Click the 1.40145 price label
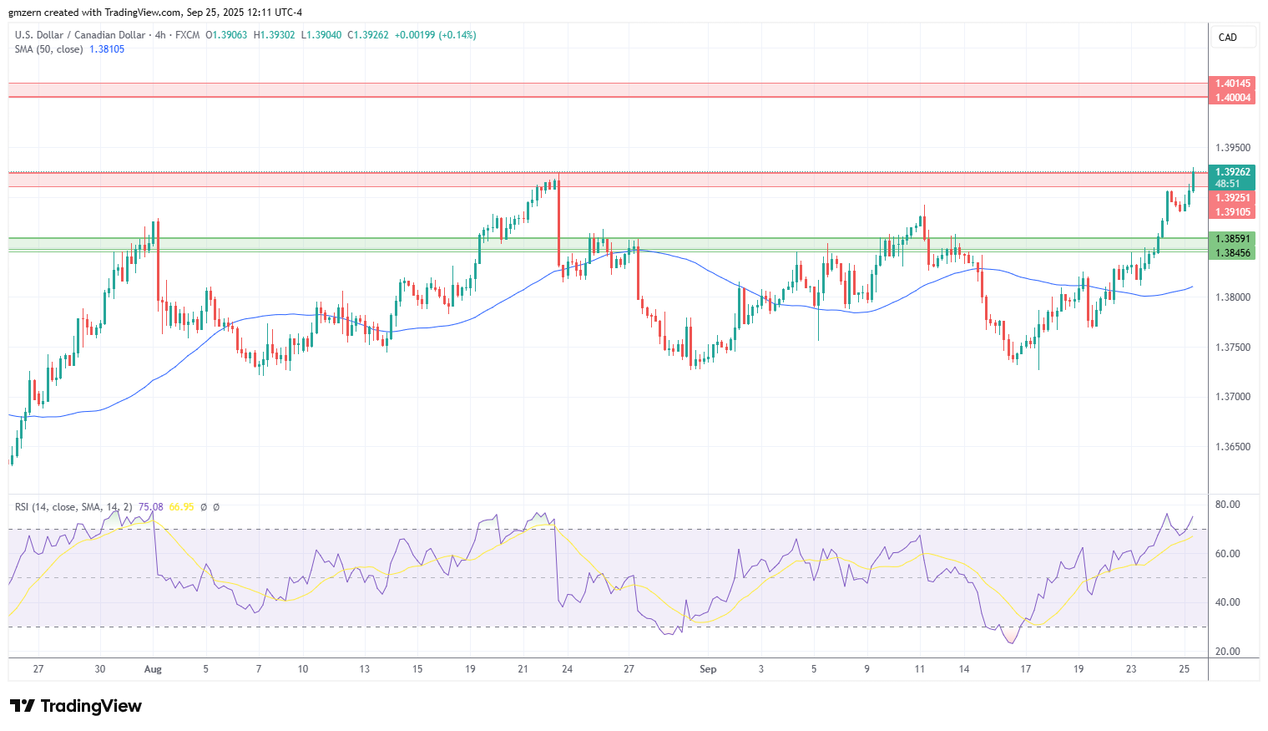(1232, 84)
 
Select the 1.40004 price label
(1232, 98)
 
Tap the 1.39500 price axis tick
(1233, 148)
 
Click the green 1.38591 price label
(1232, 239)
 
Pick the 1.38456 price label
(1232, 253)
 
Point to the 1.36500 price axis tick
(1233, 447)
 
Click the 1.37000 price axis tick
(1233, 397)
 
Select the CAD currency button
(1228, 38)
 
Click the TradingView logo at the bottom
(76, 706)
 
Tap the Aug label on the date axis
(153, 669)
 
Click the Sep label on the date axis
(708, 669)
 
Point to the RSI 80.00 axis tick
(1228, 505)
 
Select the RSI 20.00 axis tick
(1228, 652)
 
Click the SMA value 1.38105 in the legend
(107, 49)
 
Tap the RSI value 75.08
(151, 507)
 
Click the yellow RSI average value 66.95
(181, 507)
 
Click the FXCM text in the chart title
(188, 35)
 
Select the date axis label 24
(567, 669)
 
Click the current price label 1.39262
(1232, 172)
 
